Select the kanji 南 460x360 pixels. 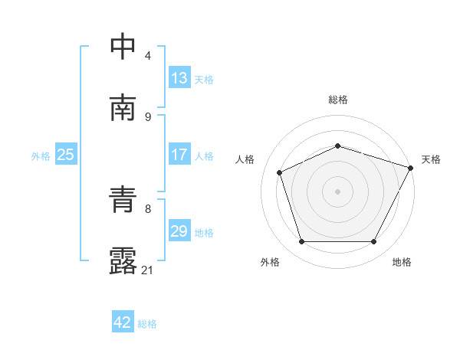tap(125, 107)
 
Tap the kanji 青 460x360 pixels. tap(125, 201)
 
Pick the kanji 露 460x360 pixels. tap(125, 261)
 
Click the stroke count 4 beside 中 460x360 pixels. tap(148, 55)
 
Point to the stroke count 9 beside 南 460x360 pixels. tap(148, 116)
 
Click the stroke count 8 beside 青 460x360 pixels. tap(148, 208)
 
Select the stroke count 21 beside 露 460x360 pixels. tap(148, 270)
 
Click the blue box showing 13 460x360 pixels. tap(179, 78)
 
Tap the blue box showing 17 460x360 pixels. tap(179, 155)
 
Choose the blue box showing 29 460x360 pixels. tap(179, 231)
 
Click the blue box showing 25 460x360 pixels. tap(66, 155)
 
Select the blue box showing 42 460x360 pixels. tap(123, 322)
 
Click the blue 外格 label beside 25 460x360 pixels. tap(41, 156)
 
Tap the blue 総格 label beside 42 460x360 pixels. tap(147, 324)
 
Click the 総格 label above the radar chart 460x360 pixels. tap(338, 100)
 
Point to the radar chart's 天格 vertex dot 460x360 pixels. tap(412, 167)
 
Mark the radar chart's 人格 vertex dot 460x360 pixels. tap(280, 172)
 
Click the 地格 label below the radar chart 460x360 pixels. tap(402, 262)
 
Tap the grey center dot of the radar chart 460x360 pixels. tap(338, 191)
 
